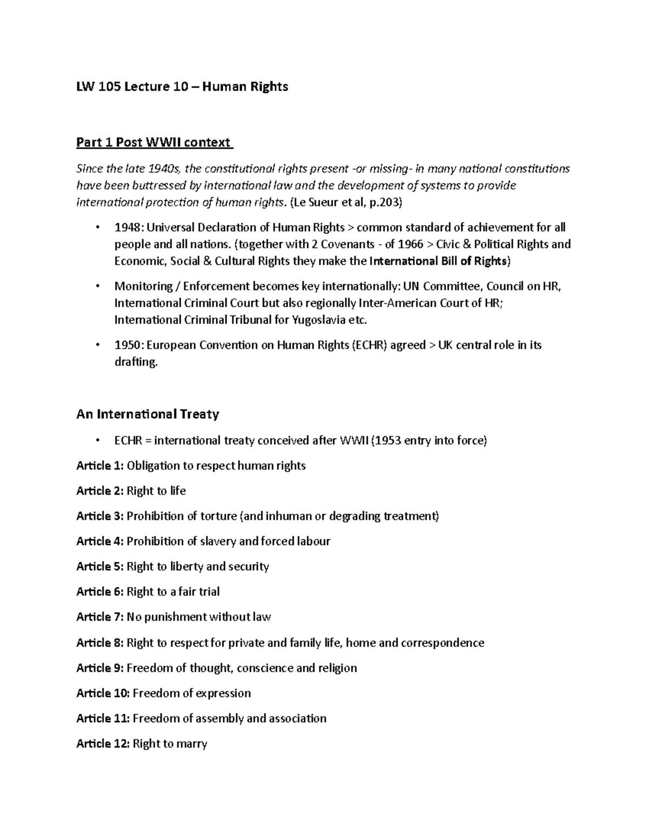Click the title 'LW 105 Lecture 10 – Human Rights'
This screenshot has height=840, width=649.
(x=182, y=87)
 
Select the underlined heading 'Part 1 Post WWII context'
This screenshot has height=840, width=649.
(x=154, y=143)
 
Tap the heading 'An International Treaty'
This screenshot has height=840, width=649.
(x=148, y=414)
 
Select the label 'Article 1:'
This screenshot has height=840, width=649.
(x=100, y=466)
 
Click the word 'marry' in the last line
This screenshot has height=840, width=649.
(x=191, y=744)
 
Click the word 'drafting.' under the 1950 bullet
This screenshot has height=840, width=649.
(x=136, y=362)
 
